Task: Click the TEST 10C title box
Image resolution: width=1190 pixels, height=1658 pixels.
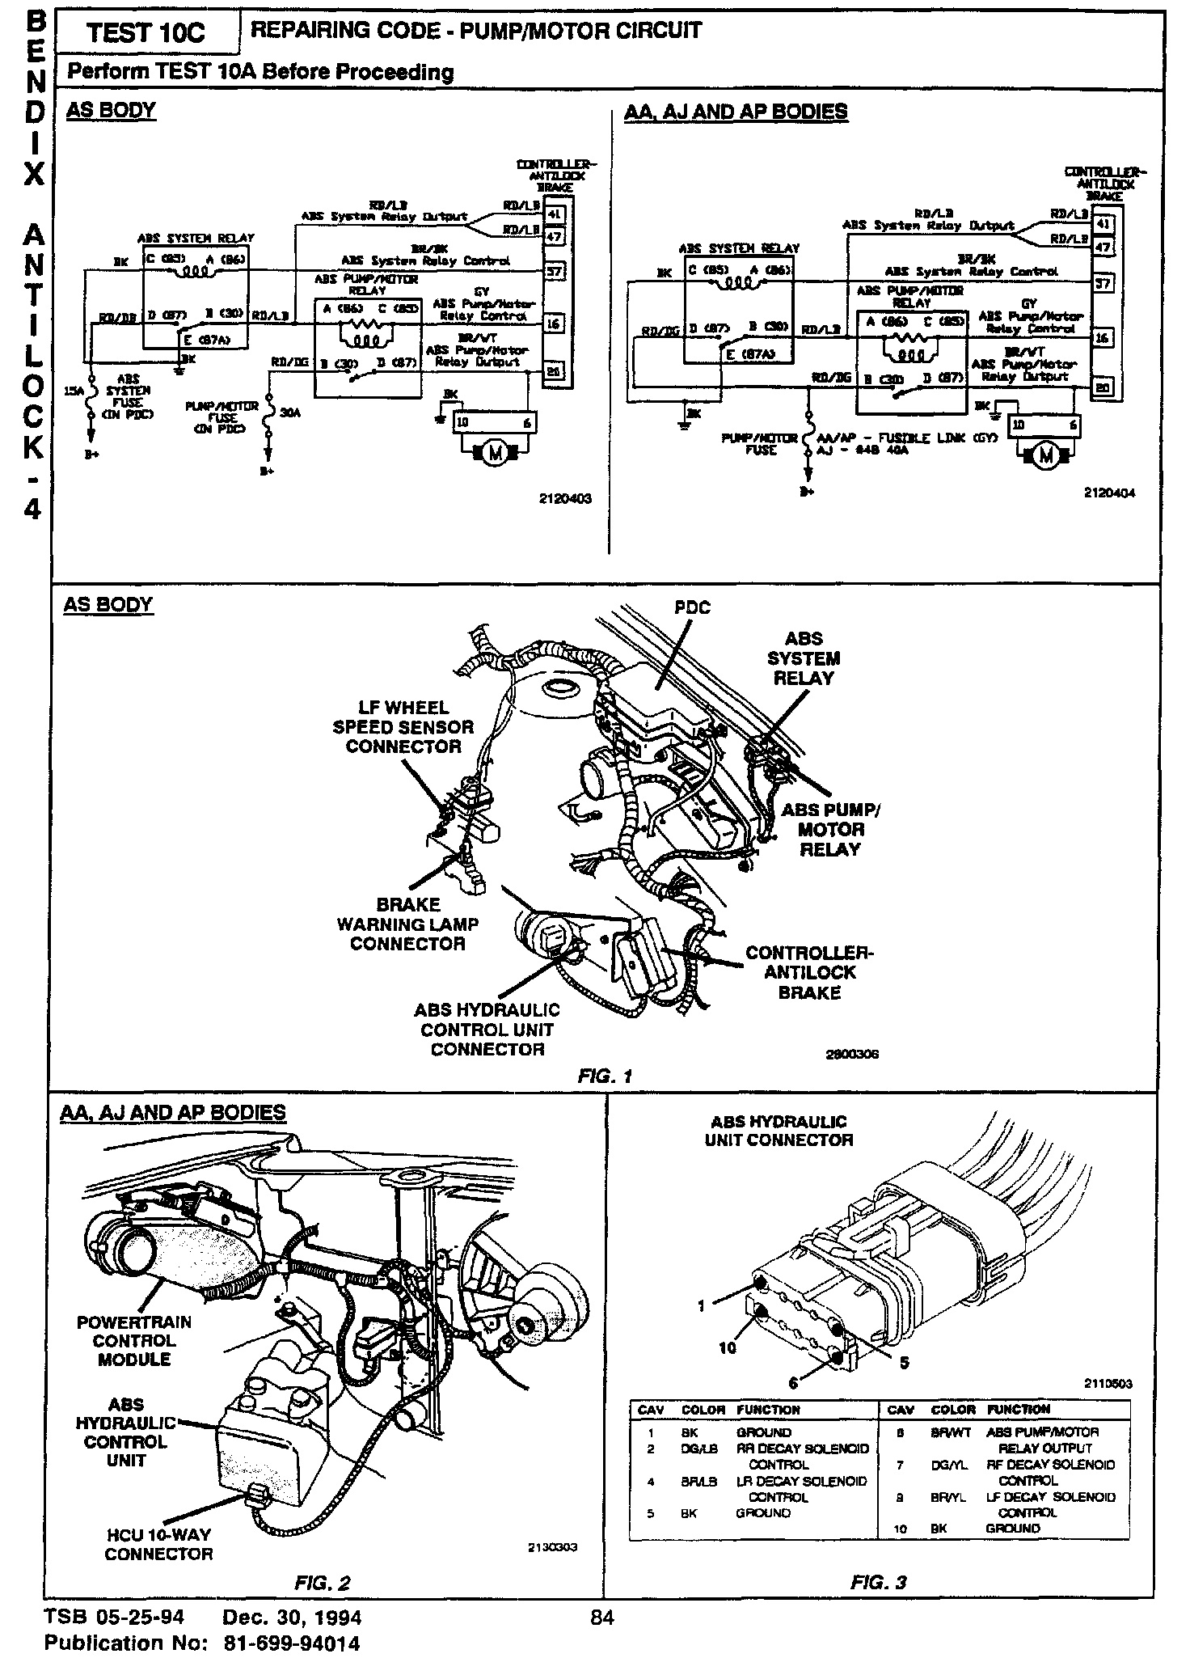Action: (146, 33)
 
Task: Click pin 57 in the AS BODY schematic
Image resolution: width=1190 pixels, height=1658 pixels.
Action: (555, 271)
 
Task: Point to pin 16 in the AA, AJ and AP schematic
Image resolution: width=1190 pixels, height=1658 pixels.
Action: (1102, 337)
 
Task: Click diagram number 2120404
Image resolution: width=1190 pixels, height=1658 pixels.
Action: (1109, 493)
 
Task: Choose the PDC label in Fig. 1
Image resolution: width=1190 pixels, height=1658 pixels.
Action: (693, 607)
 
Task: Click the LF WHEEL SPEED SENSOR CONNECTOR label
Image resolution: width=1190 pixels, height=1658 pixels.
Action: (403, 726)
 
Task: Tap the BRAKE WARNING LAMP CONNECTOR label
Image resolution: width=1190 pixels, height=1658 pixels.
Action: (407, 924)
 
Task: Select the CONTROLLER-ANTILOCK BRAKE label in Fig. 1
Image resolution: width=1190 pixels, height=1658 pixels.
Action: (809, 972)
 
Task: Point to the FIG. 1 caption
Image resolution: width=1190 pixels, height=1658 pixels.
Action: (605, 1076)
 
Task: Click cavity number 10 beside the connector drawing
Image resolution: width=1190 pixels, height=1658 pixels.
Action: (728, 1347)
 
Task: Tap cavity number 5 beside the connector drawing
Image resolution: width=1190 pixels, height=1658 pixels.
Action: (904, 1363)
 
